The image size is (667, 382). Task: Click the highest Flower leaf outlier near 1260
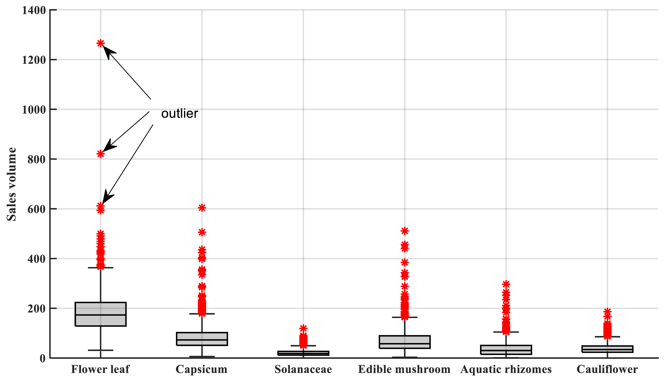100,43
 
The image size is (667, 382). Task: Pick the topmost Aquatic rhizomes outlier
506,284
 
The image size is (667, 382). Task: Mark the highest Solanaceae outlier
303,328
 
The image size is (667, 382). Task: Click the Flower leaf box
100,314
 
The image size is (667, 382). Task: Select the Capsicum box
202,339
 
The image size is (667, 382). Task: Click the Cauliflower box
607,349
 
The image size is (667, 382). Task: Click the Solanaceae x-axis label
303,369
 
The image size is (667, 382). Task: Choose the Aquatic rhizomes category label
506,369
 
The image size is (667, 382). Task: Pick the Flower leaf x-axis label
100,369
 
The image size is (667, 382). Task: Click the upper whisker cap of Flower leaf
100,268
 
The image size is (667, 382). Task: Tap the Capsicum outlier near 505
202,232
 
